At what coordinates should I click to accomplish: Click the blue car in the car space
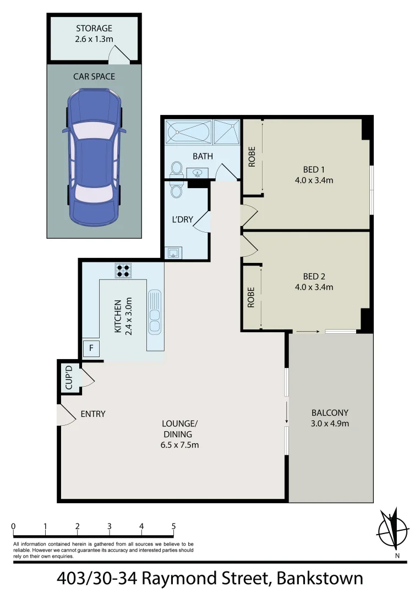point(94,156)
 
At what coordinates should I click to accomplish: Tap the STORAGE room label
point(94,29)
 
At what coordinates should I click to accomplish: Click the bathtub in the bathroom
point(188,133)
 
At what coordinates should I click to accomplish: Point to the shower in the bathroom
point(227,133)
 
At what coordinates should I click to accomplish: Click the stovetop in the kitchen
point(123,270)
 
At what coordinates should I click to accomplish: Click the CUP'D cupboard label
point(69,377)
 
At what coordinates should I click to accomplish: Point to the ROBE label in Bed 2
point(251,297)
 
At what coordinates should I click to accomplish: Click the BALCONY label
point(330,413)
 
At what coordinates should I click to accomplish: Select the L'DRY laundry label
point(183,219)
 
